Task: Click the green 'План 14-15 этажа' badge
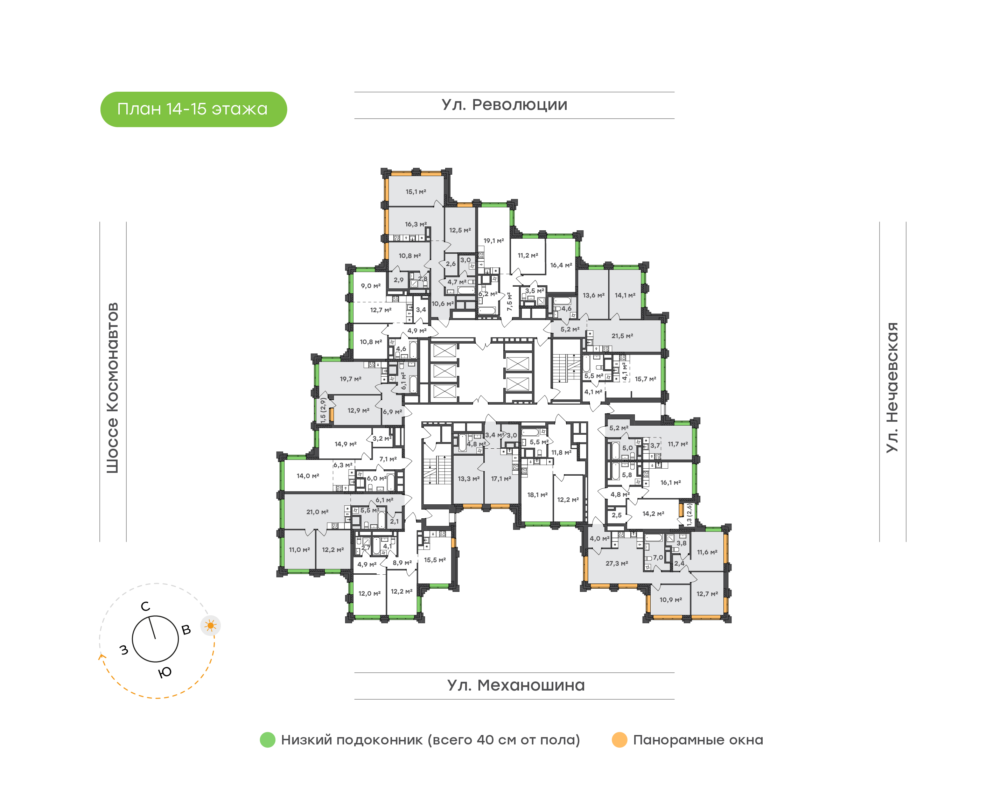point(194,109)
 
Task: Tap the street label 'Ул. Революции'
point(504,105)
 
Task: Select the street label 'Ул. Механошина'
point(516,685)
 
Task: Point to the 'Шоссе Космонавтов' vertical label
point(112,388)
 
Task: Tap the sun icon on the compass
point(211,626)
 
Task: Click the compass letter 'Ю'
point(164,672)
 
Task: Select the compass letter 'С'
point(145,606)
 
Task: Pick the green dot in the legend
point(268,740)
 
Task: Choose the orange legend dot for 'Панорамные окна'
point(619,740)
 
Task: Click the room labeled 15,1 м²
point(416,192)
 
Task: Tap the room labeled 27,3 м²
point(617,563)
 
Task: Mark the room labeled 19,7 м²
point(350,379)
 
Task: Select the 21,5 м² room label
point(622,336)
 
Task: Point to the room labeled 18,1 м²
point(538,495)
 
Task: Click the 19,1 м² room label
point(493,241)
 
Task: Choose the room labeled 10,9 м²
point(671,600)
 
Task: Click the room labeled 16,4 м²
point(561,265)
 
